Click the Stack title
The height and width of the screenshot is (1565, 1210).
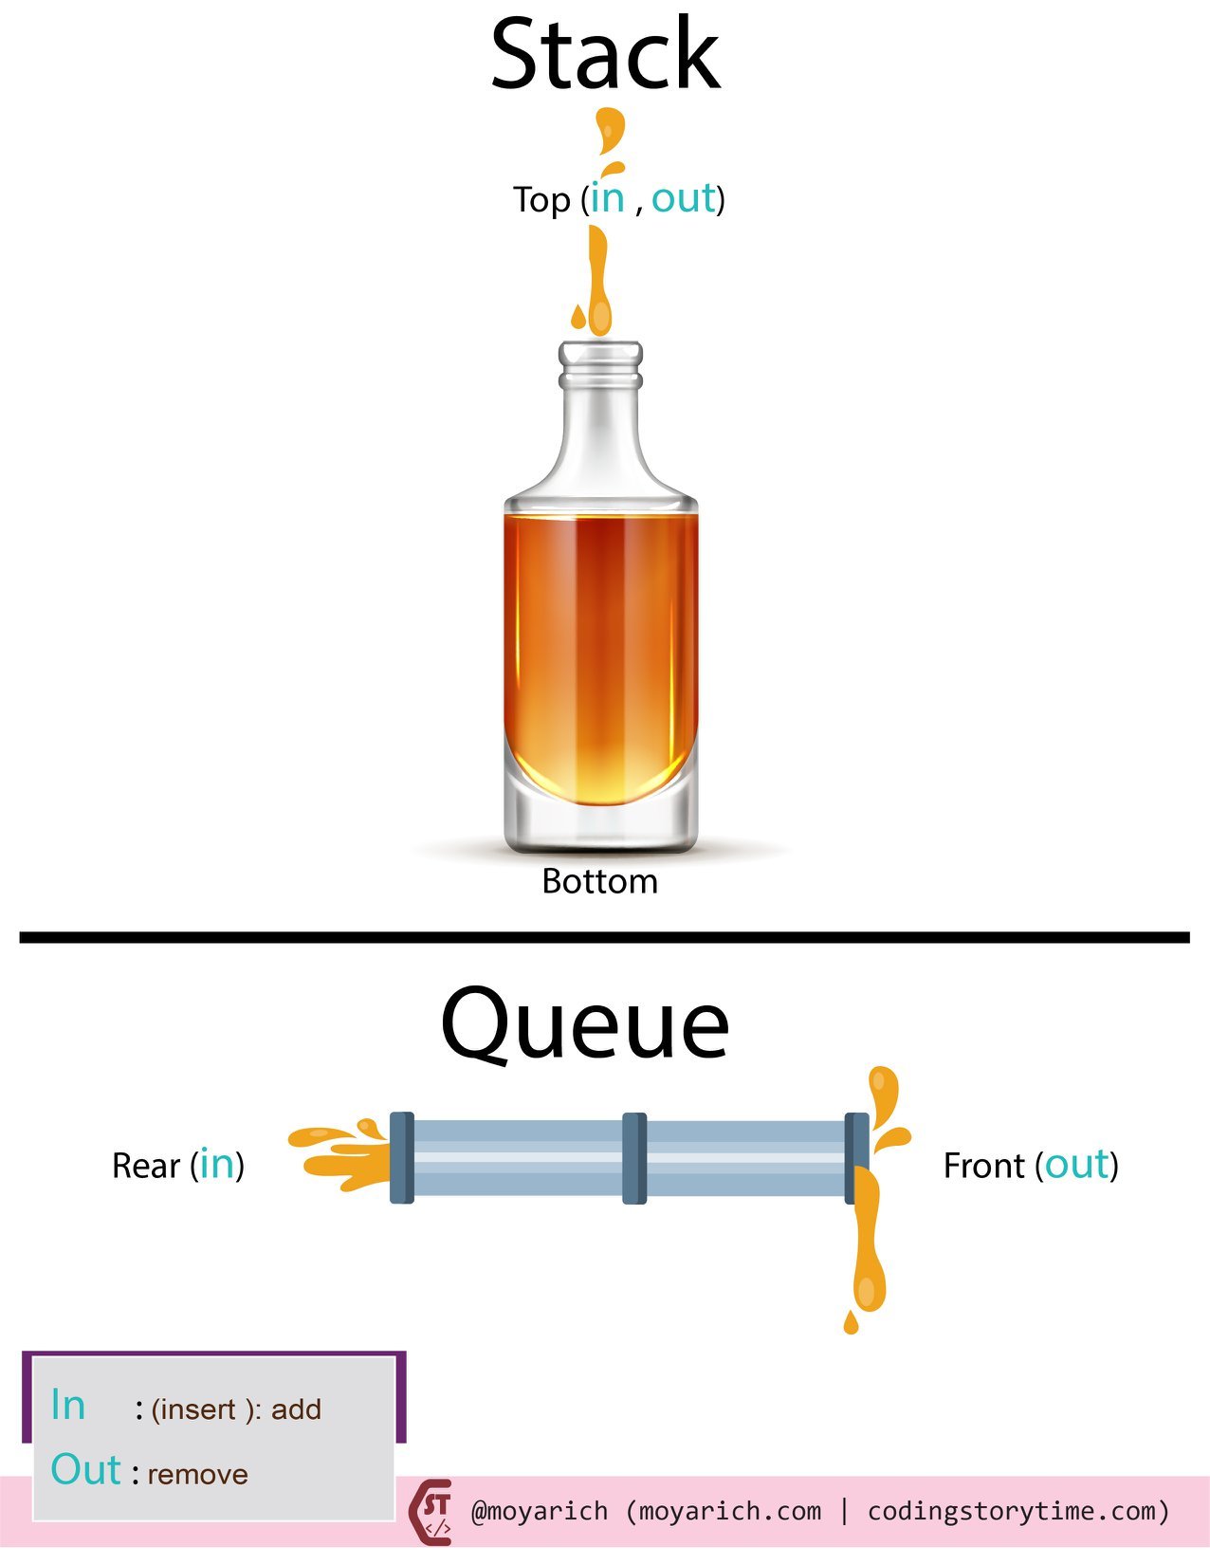[605, 55]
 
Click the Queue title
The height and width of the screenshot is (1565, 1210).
[585, 1024]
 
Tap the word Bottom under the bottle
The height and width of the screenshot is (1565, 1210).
[599, 881]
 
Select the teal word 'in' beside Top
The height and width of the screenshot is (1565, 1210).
[607, 198]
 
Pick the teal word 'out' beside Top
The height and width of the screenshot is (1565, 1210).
[683, 198]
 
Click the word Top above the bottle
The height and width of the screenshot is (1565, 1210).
[541, 200]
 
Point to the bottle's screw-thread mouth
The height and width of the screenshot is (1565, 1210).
[600, 365]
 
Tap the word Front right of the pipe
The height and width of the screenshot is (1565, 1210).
[983, 1166]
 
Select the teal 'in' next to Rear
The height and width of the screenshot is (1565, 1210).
[217, 1164]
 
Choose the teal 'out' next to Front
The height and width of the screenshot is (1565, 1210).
[1076, 1164]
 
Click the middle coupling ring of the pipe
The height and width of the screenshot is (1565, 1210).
[634, 1158]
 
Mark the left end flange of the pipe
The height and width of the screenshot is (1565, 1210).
[402, 1158]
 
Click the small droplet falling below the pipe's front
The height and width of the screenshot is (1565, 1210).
[851, 1322]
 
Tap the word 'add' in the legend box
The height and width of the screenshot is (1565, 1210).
[296, 1409]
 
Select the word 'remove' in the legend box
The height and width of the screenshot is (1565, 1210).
[197, 1474]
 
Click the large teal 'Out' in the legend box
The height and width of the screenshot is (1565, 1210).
[85, 1470]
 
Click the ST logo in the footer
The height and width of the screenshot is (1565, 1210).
[431, 1511]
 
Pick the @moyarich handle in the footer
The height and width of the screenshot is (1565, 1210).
[539, 1511]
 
